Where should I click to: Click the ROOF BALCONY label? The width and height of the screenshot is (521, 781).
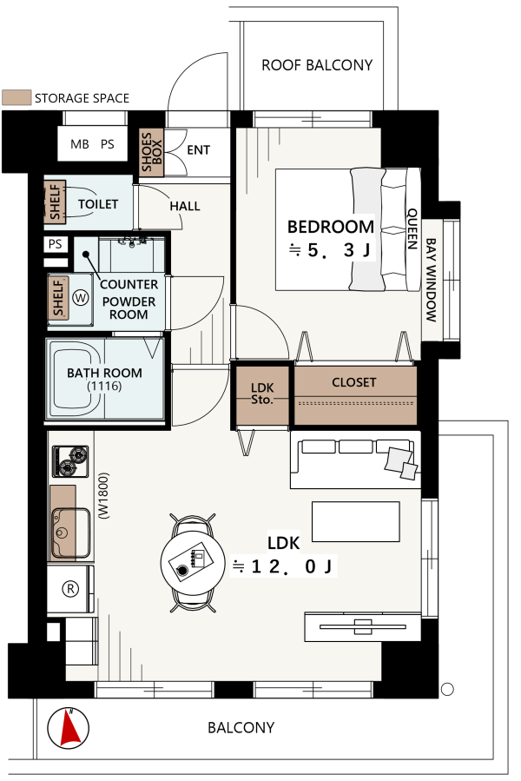point(317,65)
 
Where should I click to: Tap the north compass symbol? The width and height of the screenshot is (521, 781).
point(69,728)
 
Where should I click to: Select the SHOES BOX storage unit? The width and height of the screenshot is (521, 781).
point(151,152)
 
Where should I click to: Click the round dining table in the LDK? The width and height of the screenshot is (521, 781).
point(194,562)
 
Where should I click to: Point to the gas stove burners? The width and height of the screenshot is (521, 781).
point(70,461)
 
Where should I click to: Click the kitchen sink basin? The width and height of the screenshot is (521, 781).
point(70,533)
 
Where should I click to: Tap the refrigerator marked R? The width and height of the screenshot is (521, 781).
point(70,589)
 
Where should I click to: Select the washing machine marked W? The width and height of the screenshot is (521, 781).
point(80,298)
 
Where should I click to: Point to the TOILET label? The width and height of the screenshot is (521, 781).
point(98,204)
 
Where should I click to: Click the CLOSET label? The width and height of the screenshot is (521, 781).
point(354,382)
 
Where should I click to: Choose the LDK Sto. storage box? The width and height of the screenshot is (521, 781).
point(262,396)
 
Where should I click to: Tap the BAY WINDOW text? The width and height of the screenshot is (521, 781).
point(431,280)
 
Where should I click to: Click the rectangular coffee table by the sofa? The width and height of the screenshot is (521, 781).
point(356,521)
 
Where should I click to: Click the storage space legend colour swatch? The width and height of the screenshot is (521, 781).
point(16,97)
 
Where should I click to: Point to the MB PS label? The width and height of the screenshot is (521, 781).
point(92,144)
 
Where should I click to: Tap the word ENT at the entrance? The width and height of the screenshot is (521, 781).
point(198,150)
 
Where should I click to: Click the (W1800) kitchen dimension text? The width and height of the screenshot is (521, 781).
point(104,496)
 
